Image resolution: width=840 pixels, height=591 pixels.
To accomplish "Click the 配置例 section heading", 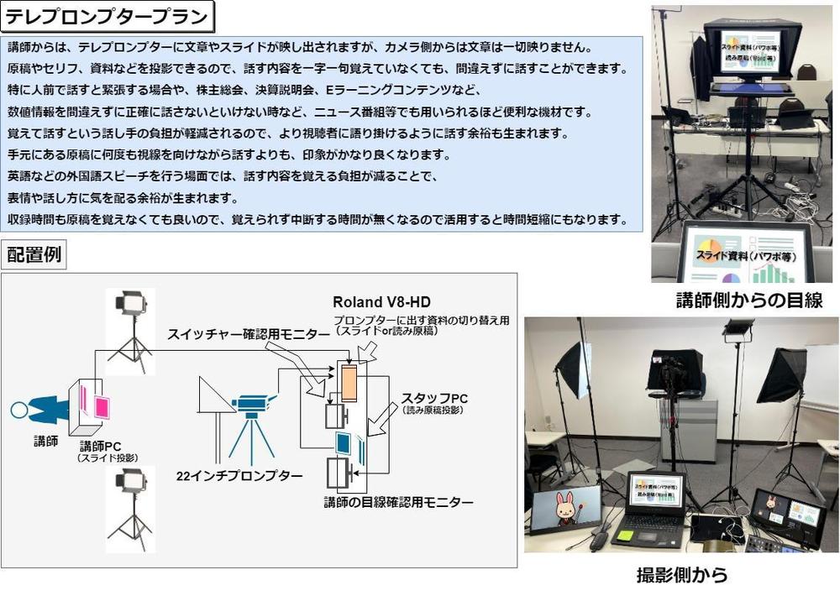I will [x=34, y=255].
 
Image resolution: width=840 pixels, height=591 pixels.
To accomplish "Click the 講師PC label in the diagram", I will [x=102, y=445].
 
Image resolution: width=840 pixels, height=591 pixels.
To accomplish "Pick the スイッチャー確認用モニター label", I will [x=248, y=334].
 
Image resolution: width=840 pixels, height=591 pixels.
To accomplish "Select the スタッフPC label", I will [x=434, y=397].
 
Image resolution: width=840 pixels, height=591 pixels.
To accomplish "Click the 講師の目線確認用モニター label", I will [x=398, y=502].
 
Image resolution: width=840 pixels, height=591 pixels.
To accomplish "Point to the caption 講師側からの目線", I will [x=748, y=301].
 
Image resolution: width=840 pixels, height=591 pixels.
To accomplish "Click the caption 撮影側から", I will [x=681, y=576].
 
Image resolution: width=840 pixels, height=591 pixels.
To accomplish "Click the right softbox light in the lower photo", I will [x=782, y=374].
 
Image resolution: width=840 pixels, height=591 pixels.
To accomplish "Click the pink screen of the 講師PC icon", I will [x=101, y=406].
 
